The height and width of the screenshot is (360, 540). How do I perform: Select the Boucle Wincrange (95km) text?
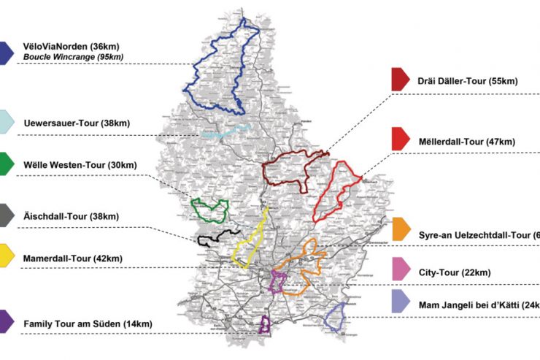click(x=73, y=57)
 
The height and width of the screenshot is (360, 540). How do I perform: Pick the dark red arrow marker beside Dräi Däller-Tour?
click(x=400, y=79)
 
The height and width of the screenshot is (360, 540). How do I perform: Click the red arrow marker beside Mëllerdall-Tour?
click(x=400, y=139)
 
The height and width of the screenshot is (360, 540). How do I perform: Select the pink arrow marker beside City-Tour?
click(x=400, y=269)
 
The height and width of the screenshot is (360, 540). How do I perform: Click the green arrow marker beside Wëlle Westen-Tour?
click(x=6, y=164)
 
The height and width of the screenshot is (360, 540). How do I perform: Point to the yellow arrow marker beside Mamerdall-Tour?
click(x=6, y=256)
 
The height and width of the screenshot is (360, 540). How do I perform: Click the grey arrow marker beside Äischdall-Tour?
click(x=6, y=215)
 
